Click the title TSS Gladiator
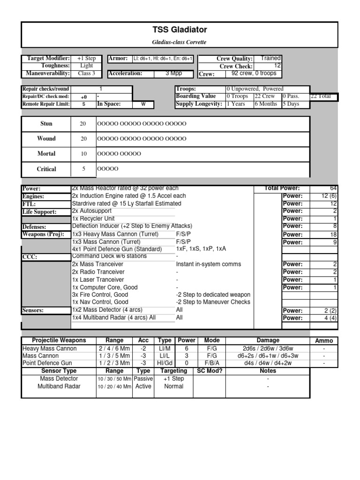pyautogui.click(x=180, y=30)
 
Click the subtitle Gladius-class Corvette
pyautogui.click(x=180, y=42)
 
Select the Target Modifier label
pyautogui.click(x=48, y=58)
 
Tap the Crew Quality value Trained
pyautogui.click(x=270, y=58)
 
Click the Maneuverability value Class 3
pyautogui.click(x=86, y=73)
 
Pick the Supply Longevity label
pyautogui.click(x=199, y=104)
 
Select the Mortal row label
pyautogui.click(x=46, y=154)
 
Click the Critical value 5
pyautogui.click(x=83, y=169)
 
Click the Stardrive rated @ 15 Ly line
pyautogui.click(x=127, y=204)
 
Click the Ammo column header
pyautogui.click(x=324, y=341)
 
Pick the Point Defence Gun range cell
pyautogui.click(x=115, y=363)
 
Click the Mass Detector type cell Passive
pyautogui.click(x=143, y=378)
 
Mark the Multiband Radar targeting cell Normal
pyautogui.click(x=173, y=386)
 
